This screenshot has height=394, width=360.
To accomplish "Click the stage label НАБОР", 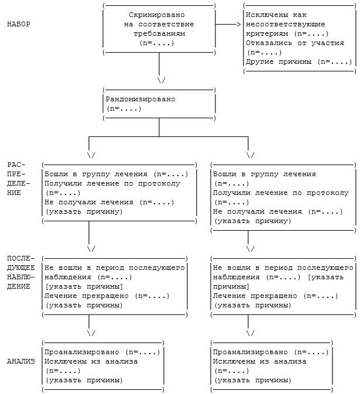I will coord(19,24).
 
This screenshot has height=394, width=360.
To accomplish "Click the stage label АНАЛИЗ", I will coord(21,361).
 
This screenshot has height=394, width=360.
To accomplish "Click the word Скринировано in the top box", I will coord(159,15).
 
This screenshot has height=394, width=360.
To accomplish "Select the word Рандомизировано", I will coord(140,99).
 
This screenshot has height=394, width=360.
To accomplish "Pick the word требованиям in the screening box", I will coord(159,33).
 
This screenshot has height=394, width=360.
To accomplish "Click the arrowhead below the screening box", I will coord(162,80).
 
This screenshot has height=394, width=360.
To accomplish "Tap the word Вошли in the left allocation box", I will coord(56,174).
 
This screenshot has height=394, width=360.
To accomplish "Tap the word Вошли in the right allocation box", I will coord(225,174).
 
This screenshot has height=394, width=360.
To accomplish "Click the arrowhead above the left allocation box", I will coord(91,155).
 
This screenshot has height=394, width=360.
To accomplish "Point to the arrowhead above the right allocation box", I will coord(251,155).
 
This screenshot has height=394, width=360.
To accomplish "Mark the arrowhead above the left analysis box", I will coord(91,333).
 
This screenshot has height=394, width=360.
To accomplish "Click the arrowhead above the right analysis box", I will coord(251,333).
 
